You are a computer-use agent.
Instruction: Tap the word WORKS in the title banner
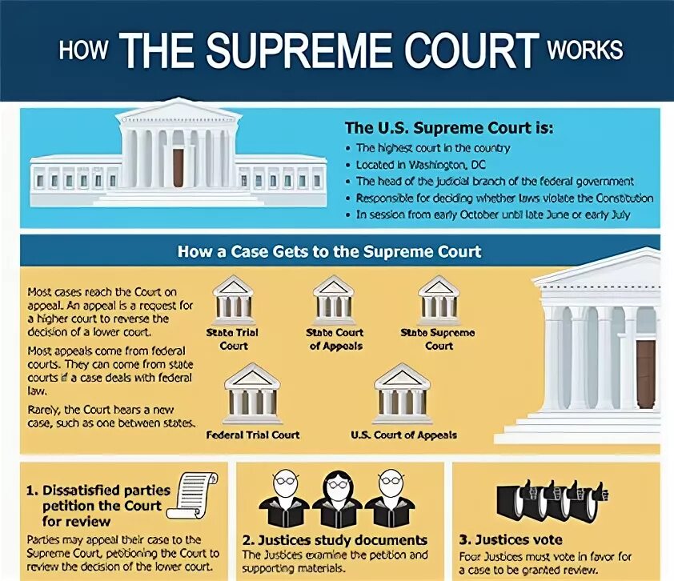[x=584, y=49]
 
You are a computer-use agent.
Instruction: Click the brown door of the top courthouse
[x=179, y=167]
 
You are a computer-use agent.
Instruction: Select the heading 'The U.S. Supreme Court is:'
[x=448, y=128]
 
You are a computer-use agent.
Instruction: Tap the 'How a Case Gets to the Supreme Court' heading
[x=329, y=252]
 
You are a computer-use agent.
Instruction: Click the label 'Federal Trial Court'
[x=252, y=435]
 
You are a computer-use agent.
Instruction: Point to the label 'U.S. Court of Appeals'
[x=403, y=435]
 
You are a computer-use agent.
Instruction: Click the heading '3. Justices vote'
[x=511, y=539]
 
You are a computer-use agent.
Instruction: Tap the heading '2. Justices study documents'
[x=335, y=540]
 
